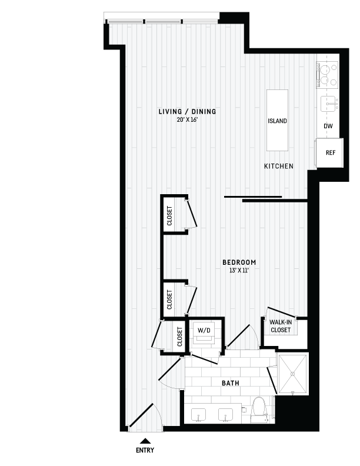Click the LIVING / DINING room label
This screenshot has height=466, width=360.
pos(187,111)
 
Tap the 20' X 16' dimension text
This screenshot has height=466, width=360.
pos(187,119)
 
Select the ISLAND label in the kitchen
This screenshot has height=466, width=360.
pos(277,121)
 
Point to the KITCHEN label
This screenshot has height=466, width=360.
pos(278,167)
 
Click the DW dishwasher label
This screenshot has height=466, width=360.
pos(328,126)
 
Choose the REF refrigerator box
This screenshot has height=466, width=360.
pos(330,153)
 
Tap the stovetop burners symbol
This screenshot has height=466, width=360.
pos(327,74)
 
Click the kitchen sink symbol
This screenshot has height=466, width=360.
pos(328,105)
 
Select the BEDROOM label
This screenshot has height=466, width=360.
pos(239,262)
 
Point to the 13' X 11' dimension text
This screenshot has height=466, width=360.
pos(239,271)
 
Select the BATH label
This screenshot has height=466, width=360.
pos(230,384)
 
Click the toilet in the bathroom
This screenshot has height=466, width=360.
pos(258,410)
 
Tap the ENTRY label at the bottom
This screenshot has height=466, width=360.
pos(145,451)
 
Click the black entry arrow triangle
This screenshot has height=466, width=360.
pos(145,441)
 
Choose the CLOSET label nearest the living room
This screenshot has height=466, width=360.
pos(170,216)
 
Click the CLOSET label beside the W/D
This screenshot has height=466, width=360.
pos(180,337)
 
